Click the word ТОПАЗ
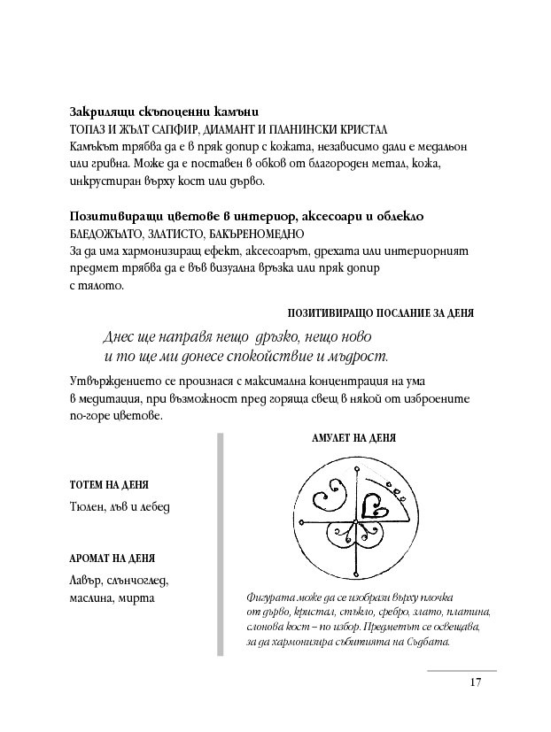click(x=86, y=129)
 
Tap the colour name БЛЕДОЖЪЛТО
click(x=105, y=235)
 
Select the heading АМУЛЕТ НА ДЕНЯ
click(x=353, y=438)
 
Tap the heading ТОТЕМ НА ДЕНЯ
click(x=109, y=486)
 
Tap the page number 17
click(x=476, y=682)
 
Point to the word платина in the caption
click(x=467, y=613)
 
